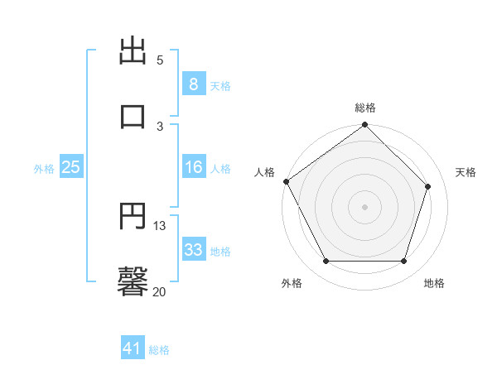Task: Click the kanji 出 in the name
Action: click(x=133, y=51)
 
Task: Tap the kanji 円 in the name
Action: click(x=133, y=217)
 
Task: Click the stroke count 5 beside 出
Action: click(x=160, y=60)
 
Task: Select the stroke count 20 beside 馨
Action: click(x=159, y=291)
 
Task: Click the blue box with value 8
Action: click(x=193, y=84)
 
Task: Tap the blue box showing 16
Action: click(x=193, y=167)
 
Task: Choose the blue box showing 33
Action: click(x=193, y=250)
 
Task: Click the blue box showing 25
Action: click(x=71, y=167)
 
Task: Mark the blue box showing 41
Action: click(x=133, y=349)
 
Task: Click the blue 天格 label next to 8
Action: click(x=220, y=86)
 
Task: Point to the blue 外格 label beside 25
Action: click(x=44, y=169)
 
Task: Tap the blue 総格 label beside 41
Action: click(x=159, y=351)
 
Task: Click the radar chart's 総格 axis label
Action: click(x=365, y=108)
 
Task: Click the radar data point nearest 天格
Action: click(x=428, y=186)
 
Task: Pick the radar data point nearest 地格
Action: click(x=403, y=262)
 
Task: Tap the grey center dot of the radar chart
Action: click(x=364, y=207)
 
